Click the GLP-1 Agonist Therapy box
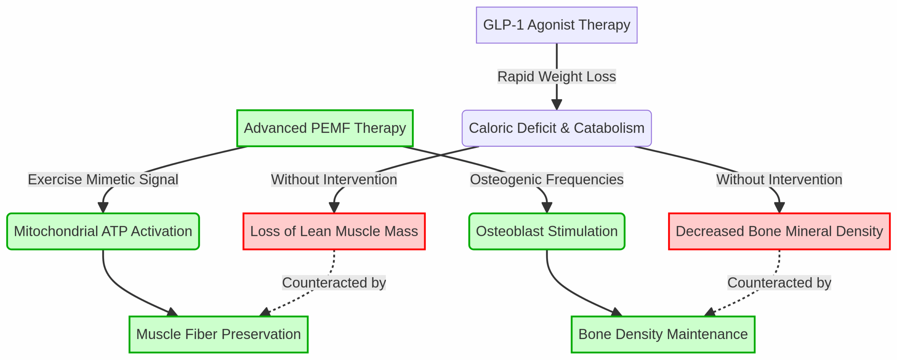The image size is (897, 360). [x=556, y=25]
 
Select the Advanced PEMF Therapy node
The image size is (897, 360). [x=325, y=128]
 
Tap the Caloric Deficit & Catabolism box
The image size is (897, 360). [x=556, y=128]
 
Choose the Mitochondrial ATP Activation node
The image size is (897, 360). [x=103, y=231]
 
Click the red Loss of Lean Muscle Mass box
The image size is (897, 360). [x=334, y=231]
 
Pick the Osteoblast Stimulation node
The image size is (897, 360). [x=547, y=231]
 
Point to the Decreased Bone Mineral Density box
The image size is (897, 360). [x=779, y=231]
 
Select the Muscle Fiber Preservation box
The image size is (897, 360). [x=218, y=334]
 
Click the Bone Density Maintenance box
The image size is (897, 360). [x=663, y=334]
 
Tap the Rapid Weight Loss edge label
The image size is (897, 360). [x=556, y=76]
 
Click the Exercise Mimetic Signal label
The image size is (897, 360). [x=103, y=179]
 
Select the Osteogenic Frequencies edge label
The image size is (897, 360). [x=547, y=179]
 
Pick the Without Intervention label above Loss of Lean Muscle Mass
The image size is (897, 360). [x=334, y=179]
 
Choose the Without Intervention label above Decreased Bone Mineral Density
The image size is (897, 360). [x=779, y=179]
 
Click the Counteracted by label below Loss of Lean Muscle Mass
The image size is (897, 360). [x=334, y=283]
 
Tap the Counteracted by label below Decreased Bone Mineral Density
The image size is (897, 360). [x=779, y=283]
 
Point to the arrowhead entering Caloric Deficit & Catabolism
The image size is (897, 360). [x=556, y=105]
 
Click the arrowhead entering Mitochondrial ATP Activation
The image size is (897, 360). [x=103, y=208]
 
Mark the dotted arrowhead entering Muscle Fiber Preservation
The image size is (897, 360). [x=265, y=312]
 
